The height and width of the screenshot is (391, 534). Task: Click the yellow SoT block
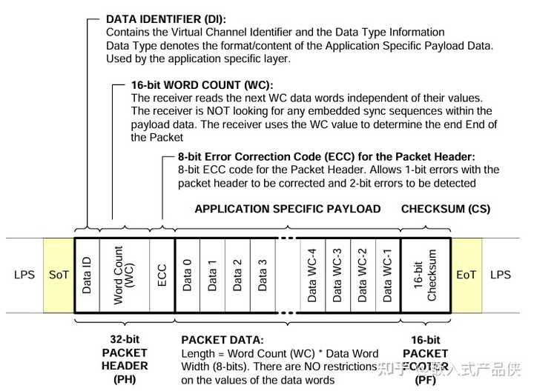point(59,275)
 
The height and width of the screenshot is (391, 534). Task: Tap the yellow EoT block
point(466,275)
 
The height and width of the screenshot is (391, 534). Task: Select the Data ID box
point(87,275)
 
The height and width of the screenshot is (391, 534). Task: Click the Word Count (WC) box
point(123,275)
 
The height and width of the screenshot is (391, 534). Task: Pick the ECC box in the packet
point(162,275)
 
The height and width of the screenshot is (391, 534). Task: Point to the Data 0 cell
point(187,275)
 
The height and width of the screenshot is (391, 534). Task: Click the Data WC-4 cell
point(311,275)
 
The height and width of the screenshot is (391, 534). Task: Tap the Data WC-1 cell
point(387,275)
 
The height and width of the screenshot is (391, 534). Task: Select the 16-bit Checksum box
point(426,275)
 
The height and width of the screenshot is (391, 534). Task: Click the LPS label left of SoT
point(24,275)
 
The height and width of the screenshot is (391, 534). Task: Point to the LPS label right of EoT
point(501,275)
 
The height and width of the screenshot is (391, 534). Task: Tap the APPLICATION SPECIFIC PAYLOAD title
point(288,209)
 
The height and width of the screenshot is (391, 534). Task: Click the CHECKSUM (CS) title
point(446,209)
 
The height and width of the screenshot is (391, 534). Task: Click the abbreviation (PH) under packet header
point(125,379)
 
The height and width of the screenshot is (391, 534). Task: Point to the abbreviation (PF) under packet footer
point(426,379)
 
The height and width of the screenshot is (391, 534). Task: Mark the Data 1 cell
point(212,275)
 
